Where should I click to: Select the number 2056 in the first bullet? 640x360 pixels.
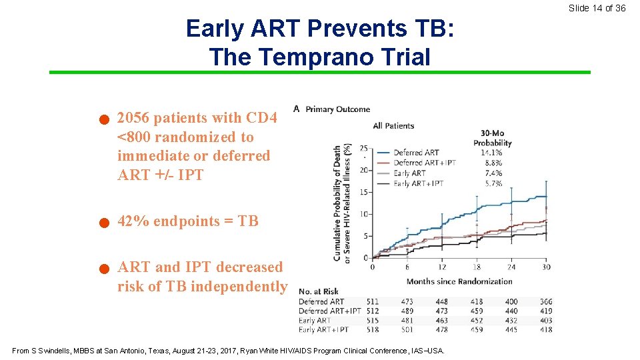pos(133,118)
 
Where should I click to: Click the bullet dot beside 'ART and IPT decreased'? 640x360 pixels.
pos(103,270)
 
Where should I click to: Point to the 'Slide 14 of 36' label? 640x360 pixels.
pos(597,8)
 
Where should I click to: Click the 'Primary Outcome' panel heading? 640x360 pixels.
pos(337,109)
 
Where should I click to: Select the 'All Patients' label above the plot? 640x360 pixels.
pos(393,125)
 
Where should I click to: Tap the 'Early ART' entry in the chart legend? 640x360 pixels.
pos(410,173)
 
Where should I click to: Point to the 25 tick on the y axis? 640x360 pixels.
pos(363,148)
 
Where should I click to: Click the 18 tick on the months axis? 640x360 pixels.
pos(477,267)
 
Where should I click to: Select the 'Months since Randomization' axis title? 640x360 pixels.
pos(459,281)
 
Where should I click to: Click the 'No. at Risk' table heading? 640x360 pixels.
pos(319,291)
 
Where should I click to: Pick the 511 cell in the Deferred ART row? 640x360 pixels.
pos(373,302)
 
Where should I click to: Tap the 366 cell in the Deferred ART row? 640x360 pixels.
pos(546,302)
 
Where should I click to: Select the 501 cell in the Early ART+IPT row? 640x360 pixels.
pos(407,329)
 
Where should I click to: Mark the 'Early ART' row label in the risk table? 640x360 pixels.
pos(315,321)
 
